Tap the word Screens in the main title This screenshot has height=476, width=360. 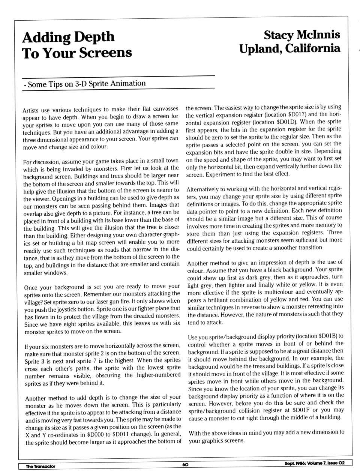click(106, 53)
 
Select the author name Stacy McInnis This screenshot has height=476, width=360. click(302, 35)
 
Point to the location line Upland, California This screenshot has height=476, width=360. click(290, 48)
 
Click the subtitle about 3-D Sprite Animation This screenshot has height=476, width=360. click(84, 84)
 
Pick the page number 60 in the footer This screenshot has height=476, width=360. click(185, 464)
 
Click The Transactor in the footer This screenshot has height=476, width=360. click(40, 466)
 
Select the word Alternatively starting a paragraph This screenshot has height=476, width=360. click(205, 189)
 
